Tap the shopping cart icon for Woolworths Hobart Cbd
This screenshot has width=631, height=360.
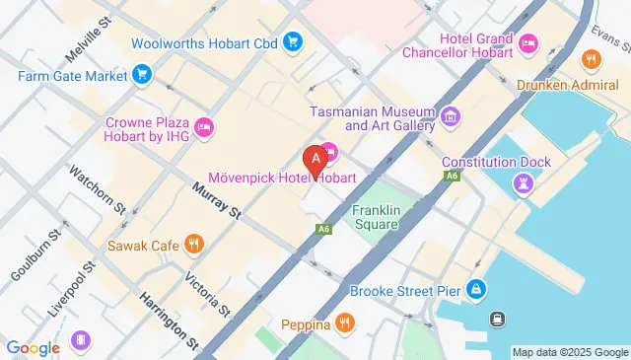click(x=293, y=41)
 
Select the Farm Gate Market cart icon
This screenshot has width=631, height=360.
click(x=142, y=74)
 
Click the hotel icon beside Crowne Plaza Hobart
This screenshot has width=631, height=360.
click(x=205, y=125)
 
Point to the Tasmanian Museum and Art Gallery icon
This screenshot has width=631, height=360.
click(x=451, y=117)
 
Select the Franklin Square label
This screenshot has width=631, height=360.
click(x=376, y=217)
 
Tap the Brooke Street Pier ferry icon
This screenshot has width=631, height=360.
click(x=476, y=289)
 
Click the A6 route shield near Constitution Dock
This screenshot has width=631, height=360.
click(x=452, y=176)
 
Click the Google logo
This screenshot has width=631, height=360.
click(x=34, y=347)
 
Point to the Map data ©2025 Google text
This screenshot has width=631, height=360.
click(x=570, y=352)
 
